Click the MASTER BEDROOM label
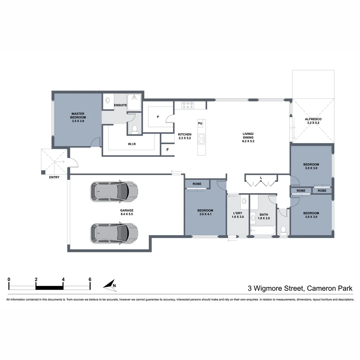click(78, 115)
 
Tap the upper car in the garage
click(114, 191)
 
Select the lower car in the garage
click(114, 233)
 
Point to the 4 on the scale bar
click(63, 279)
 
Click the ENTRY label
click(54, 177)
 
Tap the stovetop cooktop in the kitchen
click(188, 105)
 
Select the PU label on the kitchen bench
click(200, 123)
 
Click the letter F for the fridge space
click(168, 150)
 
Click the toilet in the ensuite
click(135, 129)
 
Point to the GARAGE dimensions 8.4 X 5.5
click(127, 214)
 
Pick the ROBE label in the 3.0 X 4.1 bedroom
click(197, 184)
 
